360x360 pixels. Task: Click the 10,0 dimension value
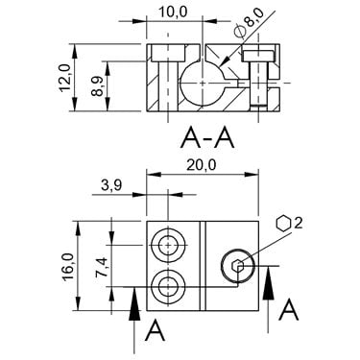(174, 12)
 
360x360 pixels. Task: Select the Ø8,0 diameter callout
(250, 23)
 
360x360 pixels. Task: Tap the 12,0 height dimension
(65, 78)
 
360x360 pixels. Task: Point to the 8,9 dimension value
(97, 86)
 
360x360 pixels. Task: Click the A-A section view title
(207, 137)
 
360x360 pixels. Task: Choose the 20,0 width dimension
(202, 165)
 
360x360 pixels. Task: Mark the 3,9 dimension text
(111, 185)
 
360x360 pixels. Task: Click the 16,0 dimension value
(68, 266)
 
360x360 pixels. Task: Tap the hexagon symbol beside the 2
(283, 223)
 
